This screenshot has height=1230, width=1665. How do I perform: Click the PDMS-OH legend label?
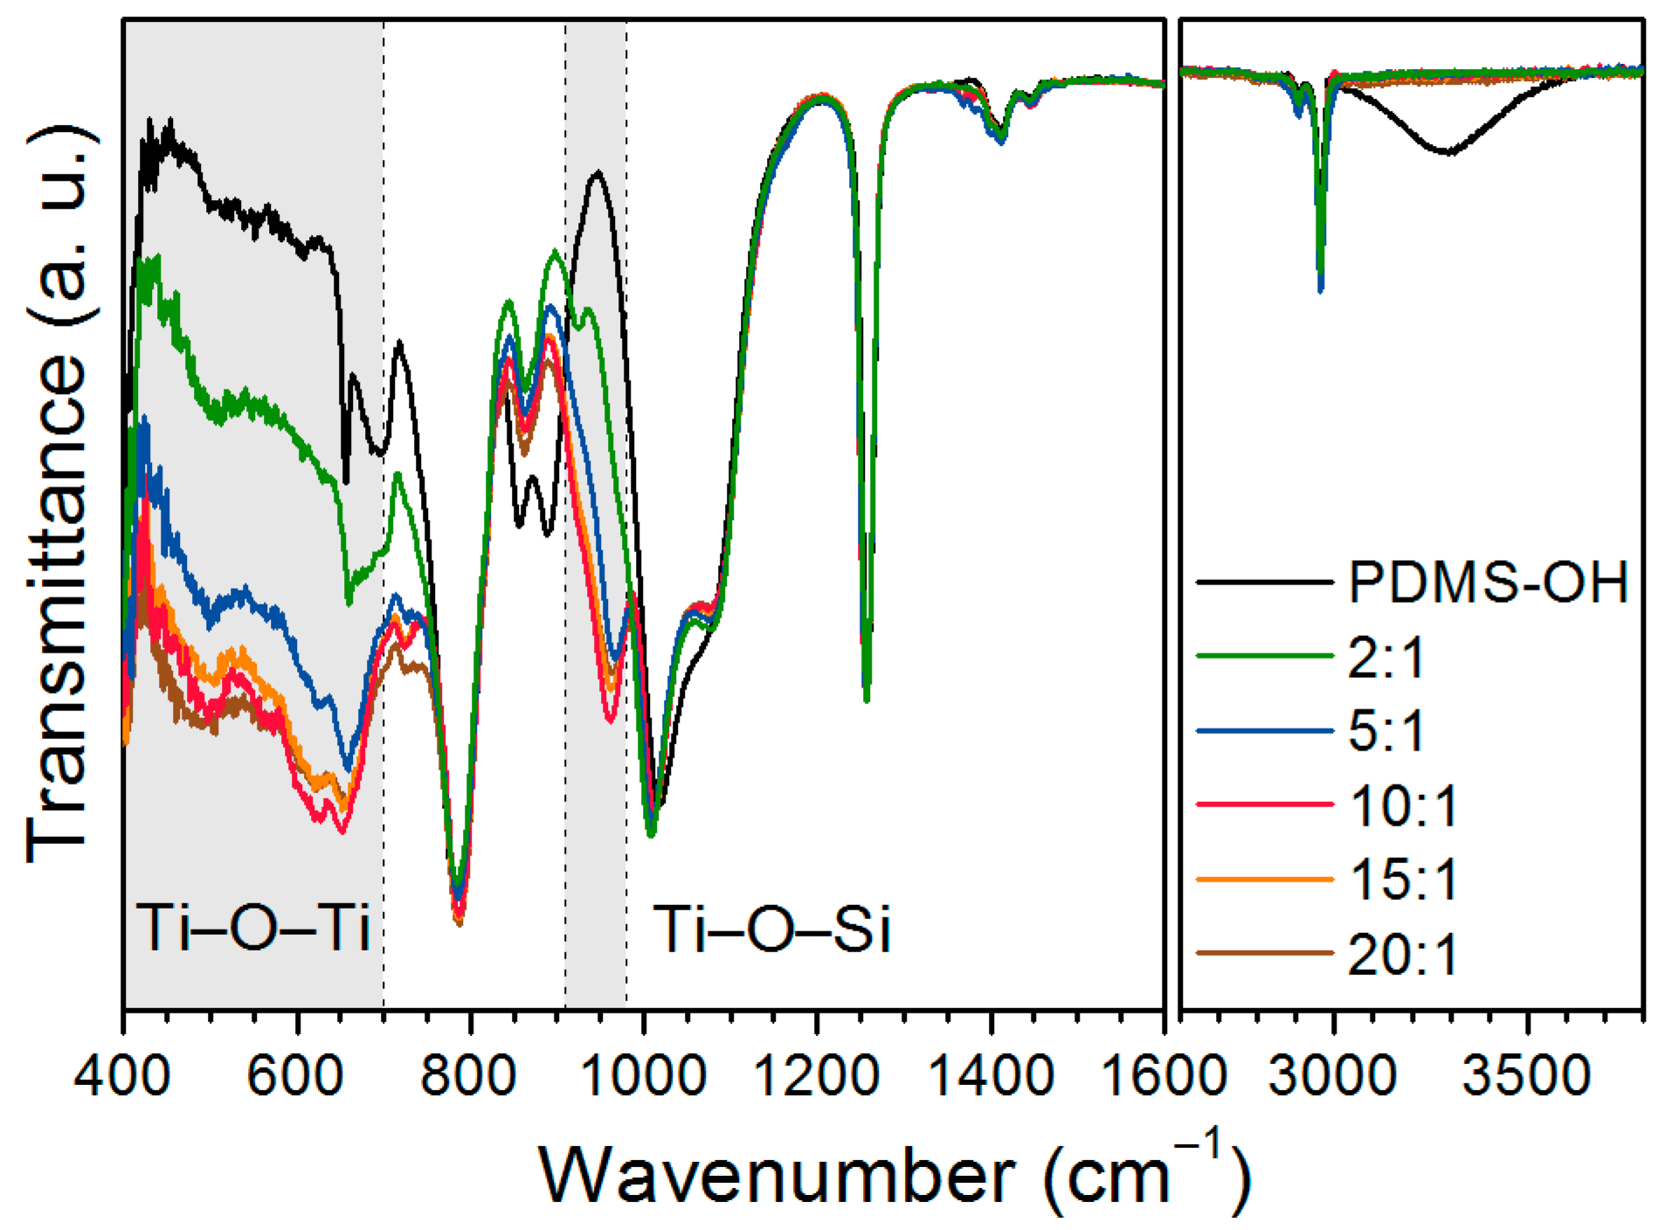click(x=1488, y=582)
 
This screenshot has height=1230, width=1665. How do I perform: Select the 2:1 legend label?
click(x=1386, y=657)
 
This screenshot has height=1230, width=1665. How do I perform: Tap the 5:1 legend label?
click(x=1386, y=730)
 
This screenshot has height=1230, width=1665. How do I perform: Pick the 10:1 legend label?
click(x=1403, y=805)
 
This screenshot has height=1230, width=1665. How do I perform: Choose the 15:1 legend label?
click(x=1403, y=879)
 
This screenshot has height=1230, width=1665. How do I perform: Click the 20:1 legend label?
click(x=1403, y=954)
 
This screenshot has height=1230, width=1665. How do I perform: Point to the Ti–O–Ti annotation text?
click(x=253, y=928)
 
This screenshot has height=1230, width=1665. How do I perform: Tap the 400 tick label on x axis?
click(x=122, y=1076)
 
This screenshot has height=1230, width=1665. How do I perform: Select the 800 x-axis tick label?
click(x=470, y=1076)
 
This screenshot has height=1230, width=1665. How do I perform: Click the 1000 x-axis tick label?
click(x=644, y=1076)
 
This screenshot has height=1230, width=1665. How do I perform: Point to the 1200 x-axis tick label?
click(x=816, y=1076)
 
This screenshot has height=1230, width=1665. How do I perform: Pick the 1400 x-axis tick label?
click(x=991, y=1076)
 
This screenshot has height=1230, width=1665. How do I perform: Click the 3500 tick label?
click(x=1526, y=1076)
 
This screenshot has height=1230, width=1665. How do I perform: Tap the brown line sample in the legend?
click(x=1265, y=952)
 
